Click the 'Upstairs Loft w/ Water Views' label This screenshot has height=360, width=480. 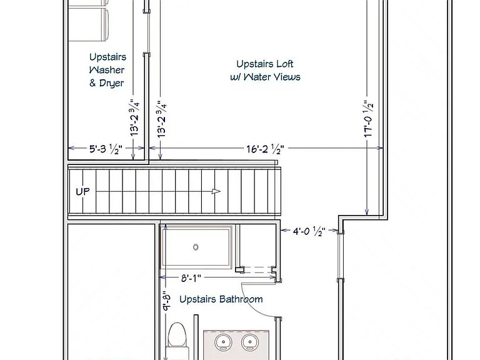pyautogui.click(x=265, y=71)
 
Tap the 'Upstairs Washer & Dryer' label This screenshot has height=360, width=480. pyautogui.click(x=107, y=70)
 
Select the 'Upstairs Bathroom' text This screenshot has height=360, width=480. pyautogui.click(x=221, y=299)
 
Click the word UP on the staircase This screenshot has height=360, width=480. pyautogui.click(x=82, y=192)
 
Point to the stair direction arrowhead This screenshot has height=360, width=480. pyautogui.click(x=216, y=192)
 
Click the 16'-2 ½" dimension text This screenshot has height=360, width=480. pyautogui.click(x=266, y=149)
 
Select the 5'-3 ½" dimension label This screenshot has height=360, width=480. pyautogui.click(x=106, y=149)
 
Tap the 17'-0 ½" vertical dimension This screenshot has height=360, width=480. pyautogui.click(x=368, y=119)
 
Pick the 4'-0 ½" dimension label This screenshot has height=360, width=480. pyautogui.click(x=309, y=231)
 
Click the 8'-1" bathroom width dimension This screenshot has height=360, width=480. pyautogui.click(x=191, y=278)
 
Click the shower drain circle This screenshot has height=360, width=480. pyautogui.click(x=196, y=247)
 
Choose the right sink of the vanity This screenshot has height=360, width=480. pyautogui.click(x=250, y=342)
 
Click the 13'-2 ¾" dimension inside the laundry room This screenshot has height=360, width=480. pyautogui.click(x=135, y=117)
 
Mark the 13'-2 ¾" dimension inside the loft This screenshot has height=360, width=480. pyautogui.click(x=162, y=119)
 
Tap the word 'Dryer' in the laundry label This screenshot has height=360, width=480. pyautogui.click(x=111, y=83)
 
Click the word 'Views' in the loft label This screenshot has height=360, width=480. pyautogui.click(x=286, y=76)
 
